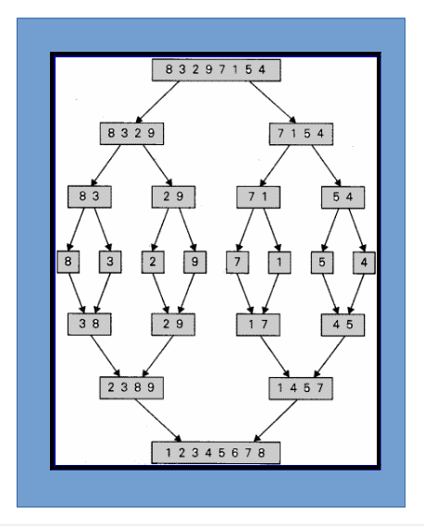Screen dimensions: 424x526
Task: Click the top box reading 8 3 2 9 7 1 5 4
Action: (x=216, y=70)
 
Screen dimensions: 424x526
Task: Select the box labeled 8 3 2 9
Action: (x=131, y=133)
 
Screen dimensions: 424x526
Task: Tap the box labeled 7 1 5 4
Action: (x=301, y=134)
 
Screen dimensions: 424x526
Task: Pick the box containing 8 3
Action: (x=90, y=197)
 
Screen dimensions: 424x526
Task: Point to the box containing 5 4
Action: (x=343, y=197)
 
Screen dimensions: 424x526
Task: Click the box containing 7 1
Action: (x=258, y=197)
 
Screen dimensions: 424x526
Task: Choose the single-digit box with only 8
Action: (x=69, y=262)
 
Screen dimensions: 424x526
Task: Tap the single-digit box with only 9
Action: (x=194, y=262)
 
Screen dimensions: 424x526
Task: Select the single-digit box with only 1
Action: (x=280, y=263)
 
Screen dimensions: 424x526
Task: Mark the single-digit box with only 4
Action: (x=364, y=263)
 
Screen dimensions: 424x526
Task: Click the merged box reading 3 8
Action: (x=90, y=324)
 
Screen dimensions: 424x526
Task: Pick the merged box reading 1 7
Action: (x=258, y=324)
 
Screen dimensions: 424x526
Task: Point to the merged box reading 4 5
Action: (x=343, y=324)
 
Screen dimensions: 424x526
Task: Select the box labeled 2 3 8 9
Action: (x=131, y=387)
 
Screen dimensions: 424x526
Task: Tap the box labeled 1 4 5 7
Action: (x=301, y=388)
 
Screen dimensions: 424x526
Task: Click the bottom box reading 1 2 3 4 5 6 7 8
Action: (x=216, y=453)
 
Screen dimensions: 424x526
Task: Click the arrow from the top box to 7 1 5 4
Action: (x=272, y=103)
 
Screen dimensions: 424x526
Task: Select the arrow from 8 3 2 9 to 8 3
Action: (x=106, y=165)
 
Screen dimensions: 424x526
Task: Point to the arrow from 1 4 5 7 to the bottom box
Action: (x=276, y=421)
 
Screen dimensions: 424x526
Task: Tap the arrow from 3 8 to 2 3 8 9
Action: (x=106, y=356)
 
